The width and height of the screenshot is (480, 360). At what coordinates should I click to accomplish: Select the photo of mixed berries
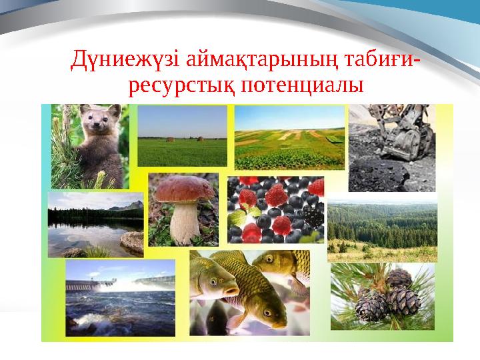pyautogui.click(x=275, y=210)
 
